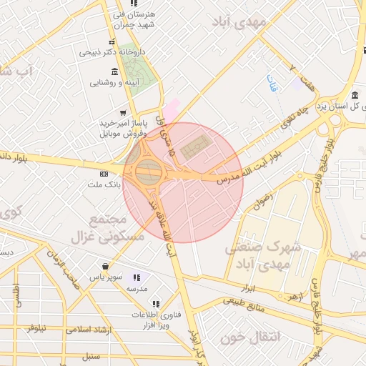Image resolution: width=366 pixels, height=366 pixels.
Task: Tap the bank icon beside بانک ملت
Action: tap(104, 174)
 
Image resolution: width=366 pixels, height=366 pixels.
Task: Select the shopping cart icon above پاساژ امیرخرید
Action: tap(123, 112)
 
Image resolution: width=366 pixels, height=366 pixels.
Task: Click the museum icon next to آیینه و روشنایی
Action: tap(114, 71)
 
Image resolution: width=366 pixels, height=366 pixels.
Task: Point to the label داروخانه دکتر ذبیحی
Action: tap(112, 52)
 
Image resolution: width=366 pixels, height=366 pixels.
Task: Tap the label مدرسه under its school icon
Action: tap(137, 288)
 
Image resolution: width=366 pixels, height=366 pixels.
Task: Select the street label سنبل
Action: tap(91, 355)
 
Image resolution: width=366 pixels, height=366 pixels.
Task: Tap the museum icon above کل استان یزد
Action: tap(355, 96)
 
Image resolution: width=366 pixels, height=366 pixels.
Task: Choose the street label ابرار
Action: tap(249, 288)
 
